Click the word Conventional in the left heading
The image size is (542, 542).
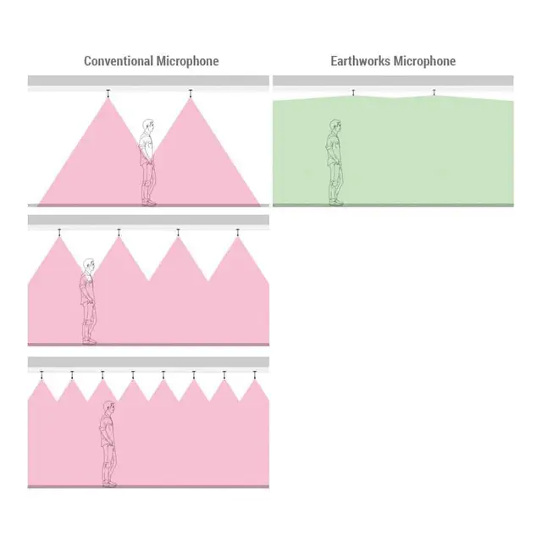click(x=119, y=61)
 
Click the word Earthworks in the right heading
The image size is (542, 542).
click(x=360, y=61)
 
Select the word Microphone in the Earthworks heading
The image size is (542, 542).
click(x=424, y=61)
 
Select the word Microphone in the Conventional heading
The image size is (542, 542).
click(x=188, y=61)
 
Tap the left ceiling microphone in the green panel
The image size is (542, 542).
click(x=353, y=92)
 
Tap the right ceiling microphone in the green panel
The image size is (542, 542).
click(x=434, y=92)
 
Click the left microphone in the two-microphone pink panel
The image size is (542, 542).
click(x=108, y=93)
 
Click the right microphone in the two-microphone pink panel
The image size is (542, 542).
click(x=191, y=93)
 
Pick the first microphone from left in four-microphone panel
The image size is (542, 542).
click(x=59, y=233)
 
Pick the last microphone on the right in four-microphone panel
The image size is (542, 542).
click(x=238, y=233)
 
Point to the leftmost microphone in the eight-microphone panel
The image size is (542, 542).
click(x=41, y=375)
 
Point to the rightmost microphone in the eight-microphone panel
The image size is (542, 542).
click(x=255, y=375)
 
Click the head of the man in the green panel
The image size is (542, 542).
click(x=335, y=126)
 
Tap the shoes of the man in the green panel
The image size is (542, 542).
click(x=336, y=202)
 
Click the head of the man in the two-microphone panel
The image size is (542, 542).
click(x=148, y=126)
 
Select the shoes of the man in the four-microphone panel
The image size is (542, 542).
click(x=90, y=341)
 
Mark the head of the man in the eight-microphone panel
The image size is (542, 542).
click(x=109, y=407)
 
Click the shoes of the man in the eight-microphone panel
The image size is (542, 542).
click(x=109, y=484)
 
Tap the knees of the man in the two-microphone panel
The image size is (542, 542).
click(x=148, y=184)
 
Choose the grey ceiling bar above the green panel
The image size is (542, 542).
click(x=393, y=80)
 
